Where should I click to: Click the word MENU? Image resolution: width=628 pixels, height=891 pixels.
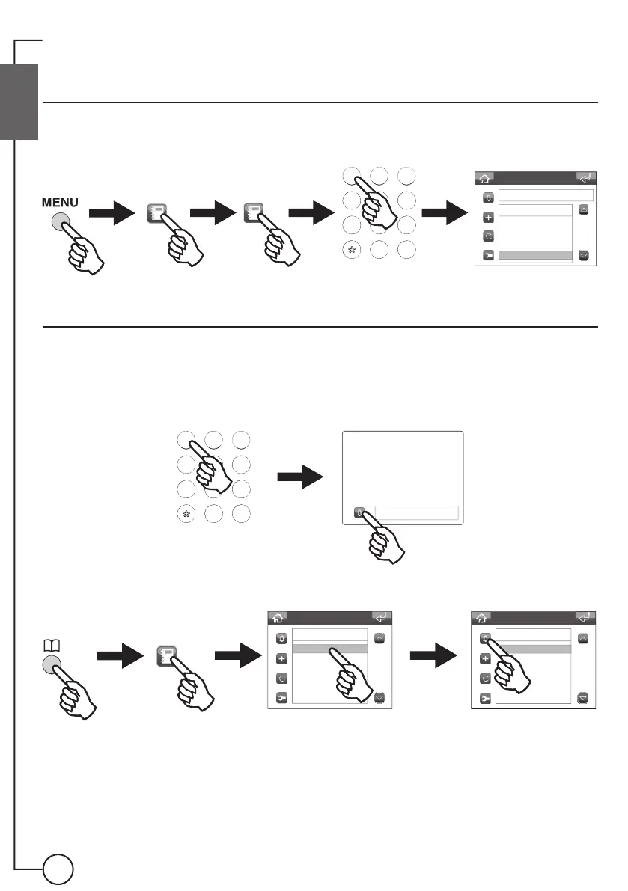click(x=59, y=203)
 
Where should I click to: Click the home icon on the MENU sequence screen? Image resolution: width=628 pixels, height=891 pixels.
click(x=485, y=178)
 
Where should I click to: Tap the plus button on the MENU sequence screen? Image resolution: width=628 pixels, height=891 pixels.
click(x=488, y=218)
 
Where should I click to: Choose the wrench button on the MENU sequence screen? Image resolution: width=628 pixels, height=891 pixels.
click(x=488, y=256)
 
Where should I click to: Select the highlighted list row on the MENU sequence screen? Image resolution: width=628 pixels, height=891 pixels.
click(x=534, y=256)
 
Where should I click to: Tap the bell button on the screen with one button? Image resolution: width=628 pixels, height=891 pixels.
click(x=360, y=513)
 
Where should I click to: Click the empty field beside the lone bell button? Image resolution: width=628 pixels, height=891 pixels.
click(x=415, y=512)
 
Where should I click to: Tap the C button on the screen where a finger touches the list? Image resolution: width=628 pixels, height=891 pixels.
click(x=281, y=679)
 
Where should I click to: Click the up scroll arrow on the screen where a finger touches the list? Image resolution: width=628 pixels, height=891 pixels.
click(x=379, y=639)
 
